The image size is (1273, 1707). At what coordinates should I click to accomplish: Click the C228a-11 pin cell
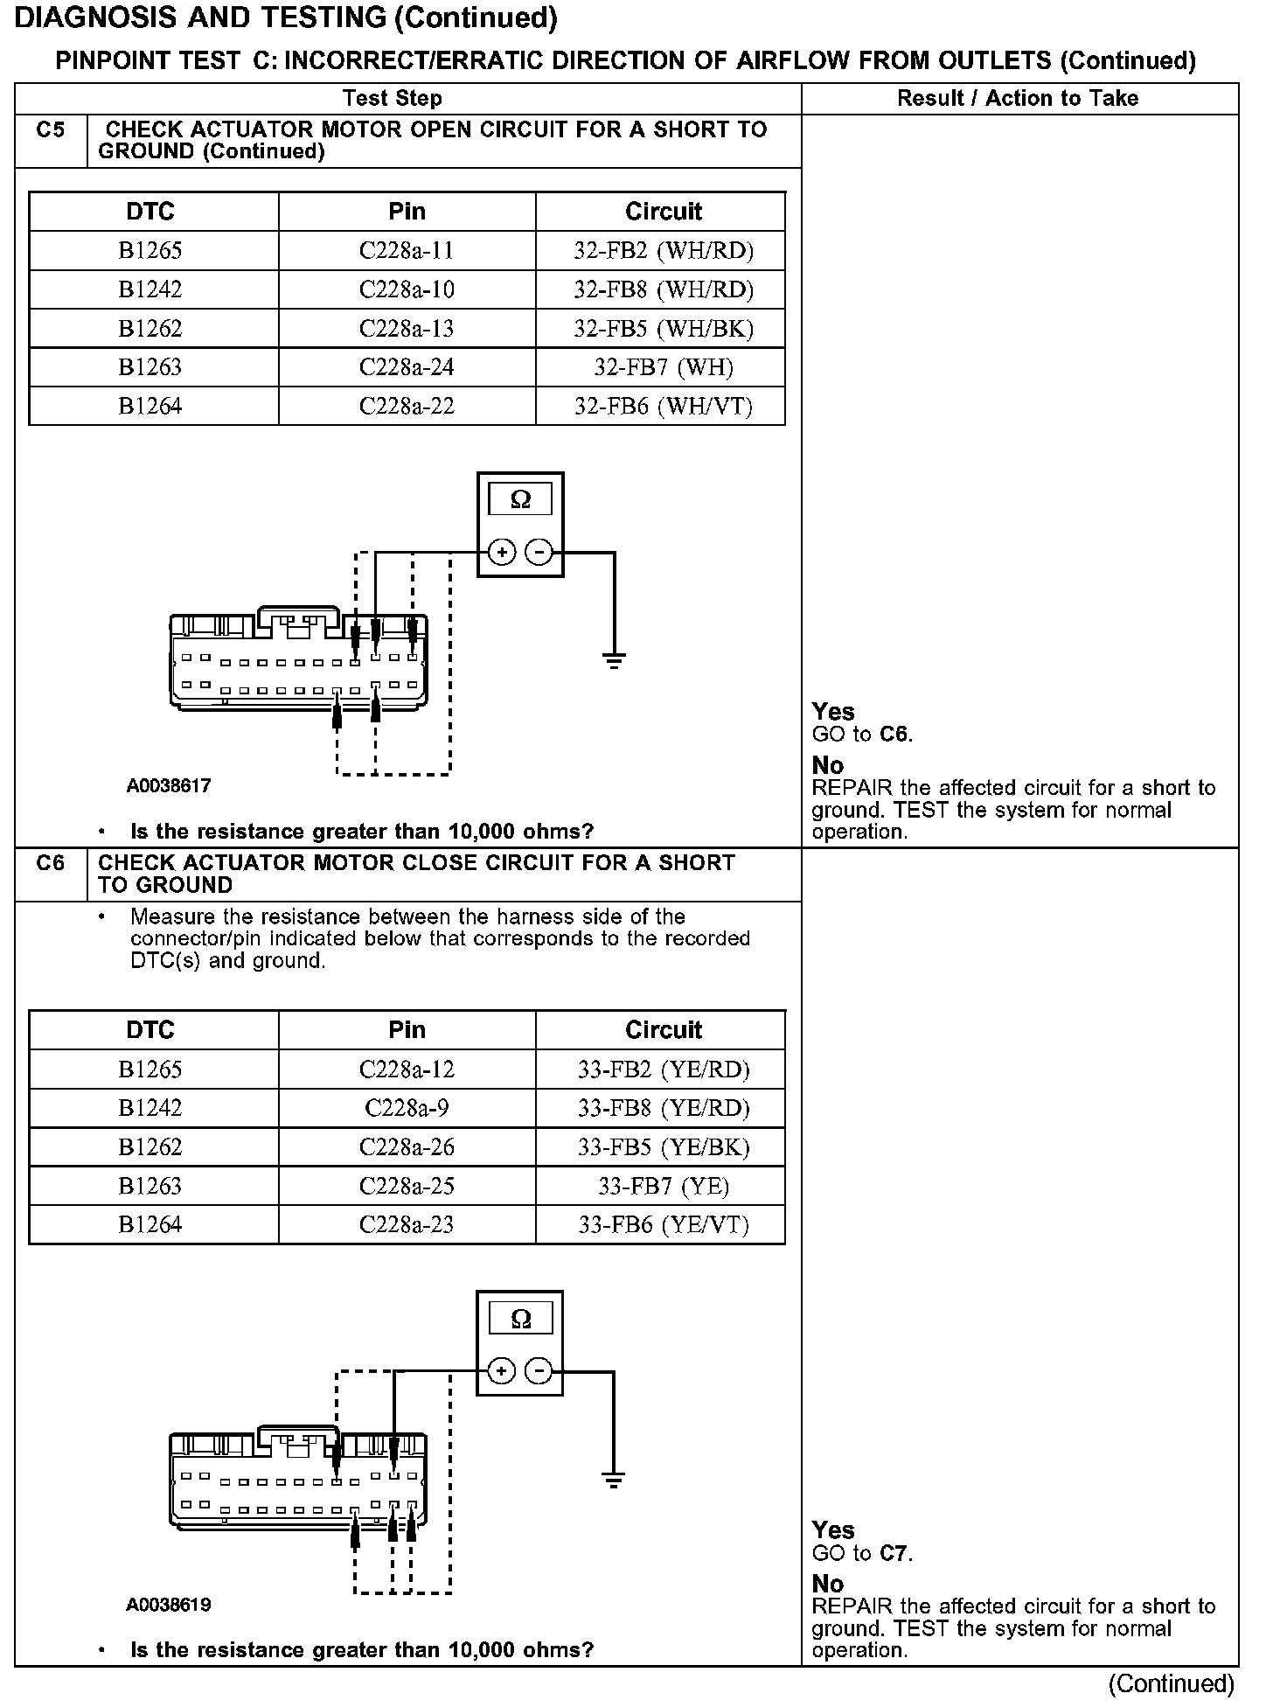(x=407, y=251)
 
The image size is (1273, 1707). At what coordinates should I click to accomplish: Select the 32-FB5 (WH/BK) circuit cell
(x=663, y=329)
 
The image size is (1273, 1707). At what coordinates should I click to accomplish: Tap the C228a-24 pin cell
(x=407, y=367)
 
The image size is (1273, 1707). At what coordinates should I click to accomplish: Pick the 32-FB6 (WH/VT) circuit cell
(x=663, y=407)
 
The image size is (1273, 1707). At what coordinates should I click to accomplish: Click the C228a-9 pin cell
(x=407, y=1109)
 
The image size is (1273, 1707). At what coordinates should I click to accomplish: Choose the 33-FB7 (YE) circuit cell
(x=663, y=1187)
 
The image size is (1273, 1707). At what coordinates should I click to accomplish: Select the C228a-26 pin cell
(x=407, y=1147)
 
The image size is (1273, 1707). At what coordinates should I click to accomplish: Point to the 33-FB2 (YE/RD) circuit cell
(x=663, y=1069)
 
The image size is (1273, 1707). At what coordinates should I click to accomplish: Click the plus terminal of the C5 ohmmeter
(x=501, y=553)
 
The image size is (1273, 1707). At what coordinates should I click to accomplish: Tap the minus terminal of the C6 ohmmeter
(x=539, y=1371)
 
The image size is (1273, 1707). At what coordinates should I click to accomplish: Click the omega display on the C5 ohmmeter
(x=520, y=499)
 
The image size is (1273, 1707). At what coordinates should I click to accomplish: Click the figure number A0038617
(x=169, y=786)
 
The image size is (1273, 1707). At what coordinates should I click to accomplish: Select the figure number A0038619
(x=169, y=1605)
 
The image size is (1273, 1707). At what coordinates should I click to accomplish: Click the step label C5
(x=51, y=130)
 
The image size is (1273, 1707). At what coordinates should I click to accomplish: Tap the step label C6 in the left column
(x=51, y=863)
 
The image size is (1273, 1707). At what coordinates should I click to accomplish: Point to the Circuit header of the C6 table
(x=663, y=1030)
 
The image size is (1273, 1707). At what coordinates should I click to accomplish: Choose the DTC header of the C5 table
(x=150, y=212)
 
